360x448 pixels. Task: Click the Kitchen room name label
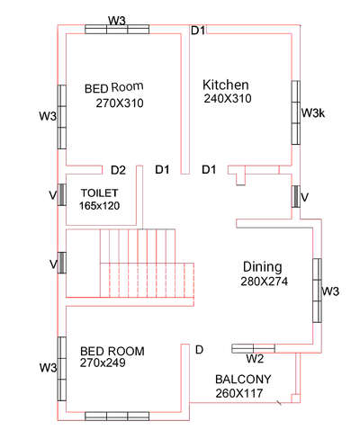point(226,85)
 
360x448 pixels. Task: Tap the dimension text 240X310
point(228,98)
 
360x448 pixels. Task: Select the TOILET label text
point(100,193)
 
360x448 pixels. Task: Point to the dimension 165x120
point(100,206)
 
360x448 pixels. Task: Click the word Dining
point(263,267)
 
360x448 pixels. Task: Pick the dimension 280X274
point(264,282)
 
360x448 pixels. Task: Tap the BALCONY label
point(243,380)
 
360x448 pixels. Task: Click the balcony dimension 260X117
point(239,393)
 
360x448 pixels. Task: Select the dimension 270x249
point(103,363)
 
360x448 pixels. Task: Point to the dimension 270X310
point(120,103)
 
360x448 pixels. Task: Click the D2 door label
point(118,170)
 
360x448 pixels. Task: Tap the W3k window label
point(313,113)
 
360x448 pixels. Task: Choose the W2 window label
point(255,358)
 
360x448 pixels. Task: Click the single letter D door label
point(200,350)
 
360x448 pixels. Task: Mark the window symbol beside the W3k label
point(296,112)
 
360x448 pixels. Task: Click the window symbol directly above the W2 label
point(253,348)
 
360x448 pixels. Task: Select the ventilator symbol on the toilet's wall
point(62,194)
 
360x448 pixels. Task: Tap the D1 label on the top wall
point(198,31)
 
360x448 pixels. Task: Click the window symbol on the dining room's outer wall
point(318,291)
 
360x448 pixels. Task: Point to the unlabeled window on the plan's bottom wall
point(117,417)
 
